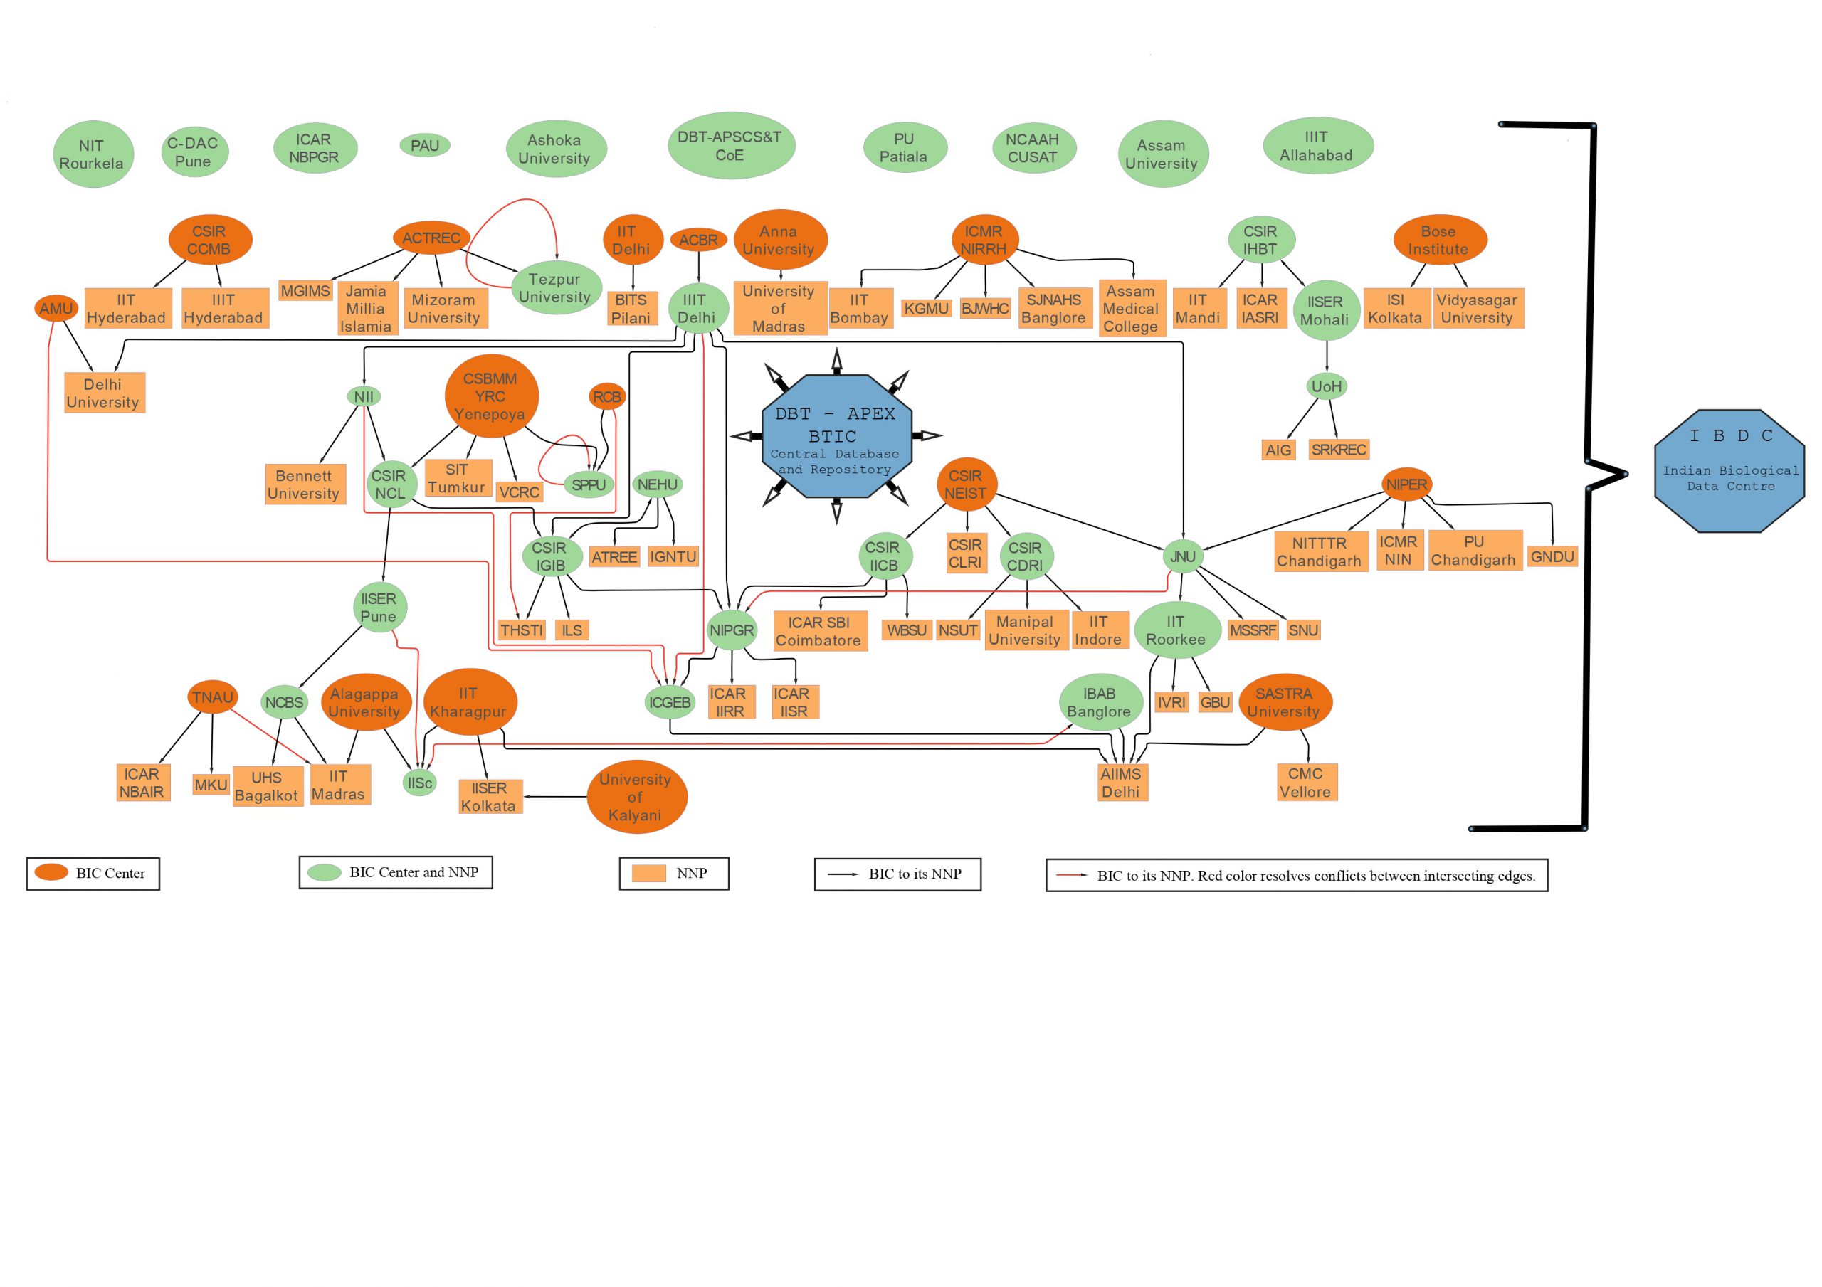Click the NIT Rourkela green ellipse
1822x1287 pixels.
pos(92,154)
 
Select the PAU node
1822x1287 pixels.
pos(425,145)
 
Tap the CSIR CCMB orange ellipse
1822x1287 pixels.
pos(209,240)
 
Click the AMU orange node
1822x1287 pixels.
pos(56,309)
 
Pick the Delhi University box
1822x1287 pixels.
pos(104,393)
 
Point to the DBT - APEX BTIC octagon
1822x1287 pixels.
pos(836,435)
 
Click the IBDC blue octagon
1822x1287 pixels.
pos(1730,470)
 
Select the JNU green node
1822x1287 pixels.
pos(1182,556)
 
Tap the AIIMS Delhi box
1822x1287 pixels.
pos(1120,783)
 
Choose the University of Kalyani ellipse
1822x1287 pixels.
pos(636,797)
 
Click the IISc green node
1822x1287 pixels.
pos(420,783)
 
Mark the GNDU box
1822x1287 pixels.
pos(1552,556)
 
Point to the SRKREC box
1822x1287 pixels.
pos(1339,450)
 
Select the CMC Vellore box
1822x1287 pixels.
pos(1306,783)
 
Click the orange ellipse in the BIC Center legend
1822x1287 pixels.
pos(51,873)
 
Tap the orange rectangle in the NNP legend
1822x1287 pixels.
pos(648,873)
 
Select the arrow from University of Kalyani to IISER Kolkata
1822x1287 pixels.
pos(555,797)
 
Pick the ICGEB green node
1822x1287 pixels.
pos(669,702)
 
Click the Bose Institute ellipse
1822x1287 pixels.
pos(1440,240)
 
